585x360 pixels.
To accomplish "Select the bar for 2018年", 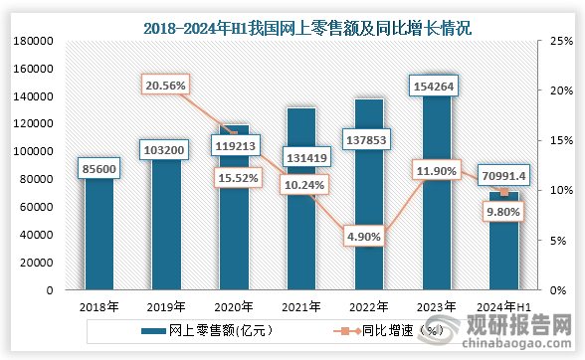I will point(100,239).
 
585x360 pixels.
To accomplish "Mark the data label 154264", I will point(437,87).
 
